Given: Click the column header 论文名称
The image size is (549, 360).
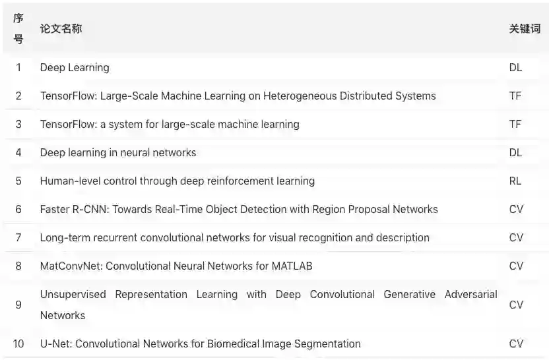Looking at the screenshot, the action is point(61,29).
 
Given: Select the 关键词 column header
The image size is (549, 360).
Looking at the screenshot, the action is point(525,29).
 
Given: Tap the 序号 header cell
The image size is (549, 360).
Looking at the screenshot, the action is point(18,29).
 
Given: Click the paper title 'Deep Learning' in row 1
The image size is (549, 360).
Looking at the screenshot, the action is point(75,67).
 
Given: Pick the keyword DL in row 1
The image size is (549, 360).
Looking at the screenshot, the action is point(515,67).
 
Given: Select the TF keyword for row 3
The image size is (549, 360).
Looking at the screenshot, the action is point(515,124).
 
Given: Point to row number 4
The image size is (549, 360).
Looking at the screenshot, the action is point(18,152).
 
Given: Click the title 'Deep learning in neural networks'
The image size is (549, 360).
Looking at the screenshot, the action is point(118,152).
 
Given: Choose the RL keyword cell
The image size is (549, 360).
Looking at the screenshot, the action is point(515,181).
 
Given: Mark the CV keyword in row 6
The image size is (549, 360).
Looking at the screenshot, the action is point(516,209).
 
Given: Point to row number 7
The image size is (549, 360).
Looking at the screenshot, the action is point(18,237).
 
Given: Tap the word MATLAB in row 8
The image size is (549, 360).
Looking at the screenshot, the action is point(292,266).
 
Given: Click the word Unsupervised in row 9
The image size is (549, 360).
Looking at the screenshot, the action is point(73,294).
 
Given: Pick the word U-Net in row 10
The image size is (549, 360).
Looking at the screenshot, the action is point(55,344).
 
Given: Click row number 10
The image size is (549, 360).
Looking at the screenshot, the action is point(18,344).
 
